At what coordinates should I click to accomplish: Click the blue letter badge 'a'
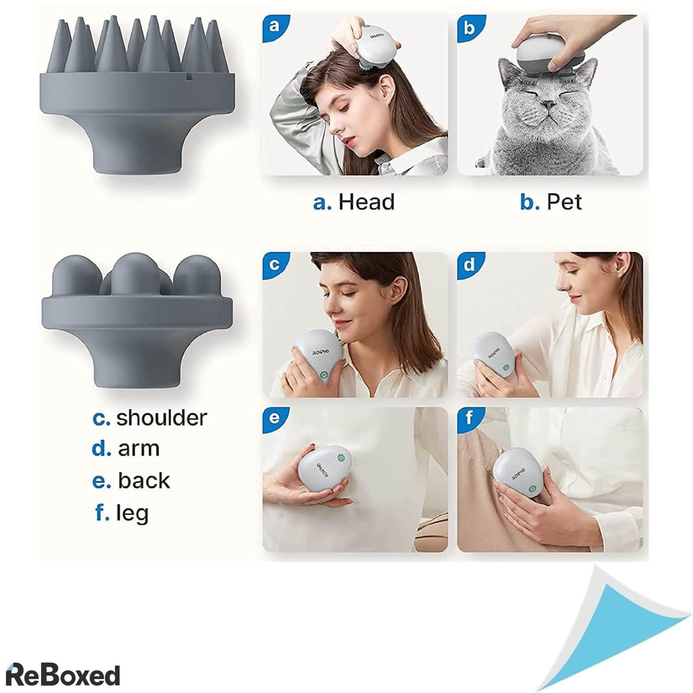274,27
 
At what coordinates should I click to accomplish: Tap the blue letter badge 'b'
469,27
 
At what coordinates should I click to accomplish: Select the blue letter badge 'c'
274,264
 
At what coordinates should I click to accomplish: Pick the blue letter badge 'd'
469,264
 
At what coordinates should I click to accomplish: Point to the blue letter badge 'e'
274,419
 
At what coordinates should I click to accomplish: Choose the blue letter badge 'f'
469,419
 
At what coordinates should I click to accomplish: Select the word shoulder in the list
162,418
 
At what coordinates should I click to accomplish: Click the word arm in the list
139,449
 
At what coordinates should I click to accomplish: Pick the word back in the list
144,480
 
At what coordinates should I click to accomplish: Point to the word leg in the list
132,513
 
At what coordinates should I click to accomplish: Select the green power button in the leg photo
532,490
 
